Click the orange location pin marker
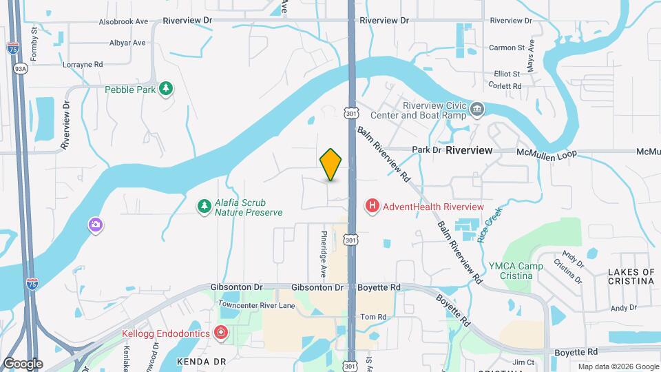(x=331, y=164)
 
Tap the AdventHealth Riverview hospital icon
(x=373, y=206)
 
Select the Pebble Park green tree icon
(x=165, y=89)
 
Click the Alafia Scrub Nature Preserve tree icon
(x=204, y=207)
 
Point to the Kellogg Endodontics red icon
(x=221, y=333)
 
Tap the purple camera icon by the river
(x=95, y=225)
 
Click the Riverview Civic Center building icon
(x=476, y=110)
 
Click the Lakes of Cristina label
(x=631, y=277)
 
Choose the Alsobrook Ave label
(x=123, y=21)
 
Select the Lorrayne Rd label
(x=83, y=64)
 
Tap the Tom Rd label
(x=369, y=318)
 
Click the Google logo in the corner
(x=23, y=364)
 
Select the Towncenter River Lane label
(x=256, y=304)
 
